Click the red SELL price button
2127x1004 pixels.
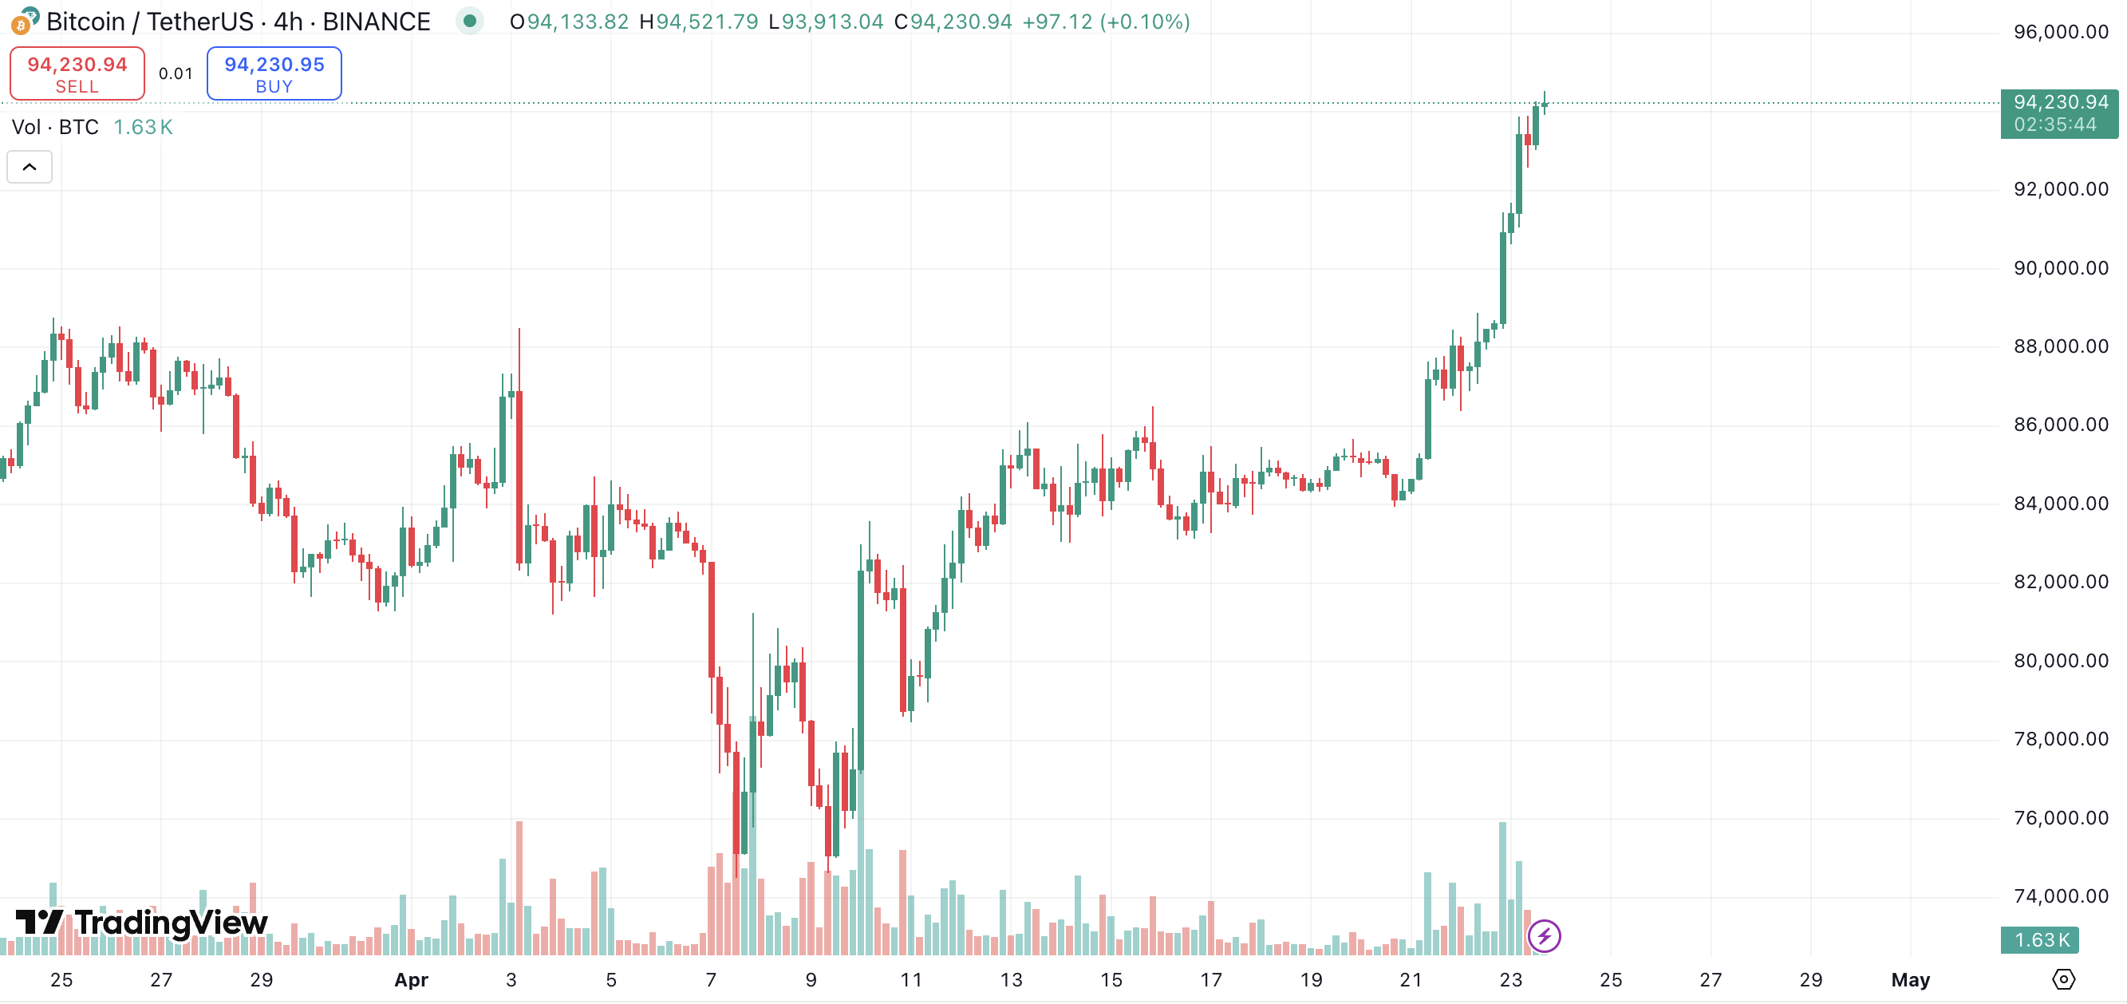pos(77,73)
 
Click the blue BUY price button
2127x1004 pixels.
pos(274,73)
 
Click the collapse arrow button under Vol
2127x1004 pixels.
pos(30,167)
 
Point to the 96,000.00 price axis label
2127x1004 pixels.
pos(2060,32)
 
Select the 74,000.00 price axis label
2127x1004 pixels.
pos(2060,895)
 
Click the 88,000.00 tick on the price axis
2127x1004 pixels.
pos(2060,346)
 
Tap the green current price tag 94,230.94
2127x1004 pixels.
pos(2058,113)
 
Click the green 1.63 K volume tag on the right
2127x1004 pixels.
pos(2040,939)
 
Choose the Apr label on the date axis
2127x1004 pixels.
pos(411,980)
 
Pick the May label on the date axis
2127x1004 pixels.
pos(1910,980)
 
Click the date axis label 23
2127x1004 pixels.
pos(1510,980)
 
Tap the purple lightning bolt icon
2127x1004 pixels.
pos(1543,936)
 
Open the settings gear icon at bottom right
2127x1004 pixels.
pos(2062,979)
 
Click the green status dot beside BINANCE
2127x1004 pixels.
pos(469,22)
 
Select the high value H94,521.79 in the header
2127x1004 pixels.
pos(699,22)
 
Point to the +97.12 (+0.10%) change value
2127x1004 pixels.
pos(1106,22)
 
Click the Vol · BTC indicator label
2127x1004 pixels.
pos(55,127)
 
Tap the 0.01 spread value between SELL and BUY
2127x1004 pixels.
pos(175,73)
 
